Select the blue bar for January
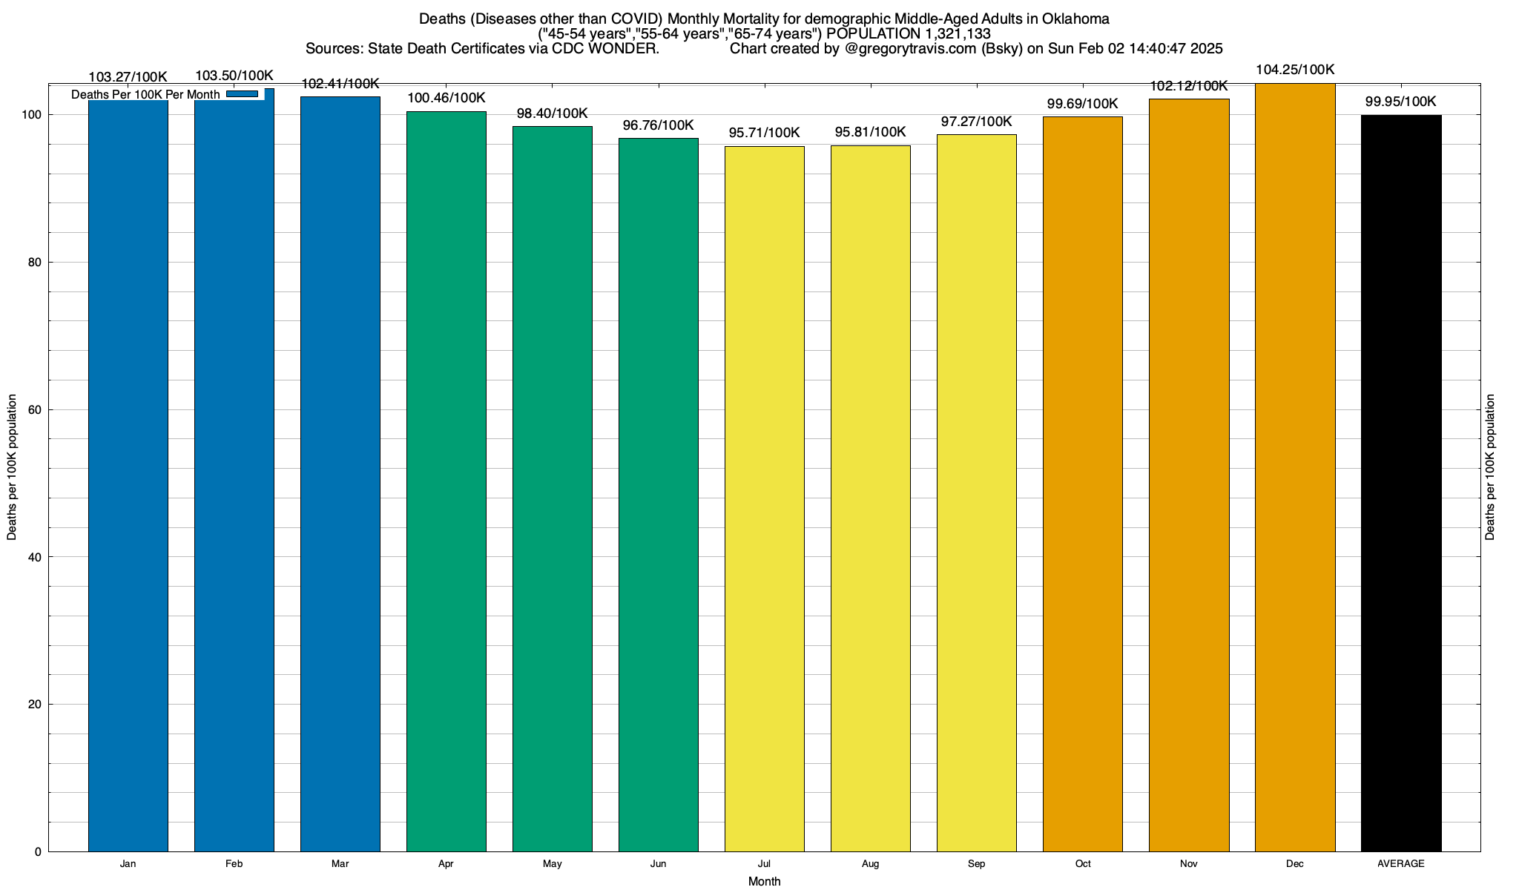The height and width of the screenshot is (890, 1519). (x=128, y=475)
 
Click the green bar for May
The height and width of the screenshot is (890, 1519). (x=553, y=489)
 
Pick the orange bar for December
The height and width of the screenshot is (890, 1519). (x=1295, y=467)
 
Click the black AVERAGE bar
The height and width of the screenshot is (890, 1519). (x=1401, y=482)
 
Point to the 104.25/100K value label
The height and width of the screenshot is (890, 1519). (x=1295, y=70)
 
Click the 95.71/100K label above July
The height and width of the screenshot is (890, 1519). (x=764, y=133)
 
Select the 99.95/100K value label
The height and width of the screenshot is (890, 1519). (x=1401, y=102)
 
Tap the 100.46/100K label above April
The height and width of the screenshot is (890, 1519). (x=447, y=98)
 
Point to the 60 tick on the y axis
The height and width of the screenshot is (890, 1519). (x=35, y=410)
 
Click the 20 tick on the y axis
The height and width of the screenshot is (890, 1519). (x=35, y=705)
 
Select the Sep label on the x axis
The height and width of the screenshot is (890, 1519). (x=977, y=864)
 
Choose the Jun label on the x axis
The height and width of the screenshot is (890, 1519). (x=659, y=864)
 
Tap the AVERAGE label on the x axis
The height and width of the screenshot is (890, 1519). (x=1401, y=864)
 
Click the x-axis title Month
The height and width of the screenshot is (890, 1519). (x=764, y=882)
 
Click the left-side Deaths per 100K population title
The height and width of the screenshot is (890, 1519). (x=12, y=467)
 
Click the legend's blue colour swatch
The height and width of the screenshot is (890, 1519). (x=242, y=94)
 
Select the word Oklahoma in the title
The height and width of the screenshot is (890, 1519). (x=1075, y=19)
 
